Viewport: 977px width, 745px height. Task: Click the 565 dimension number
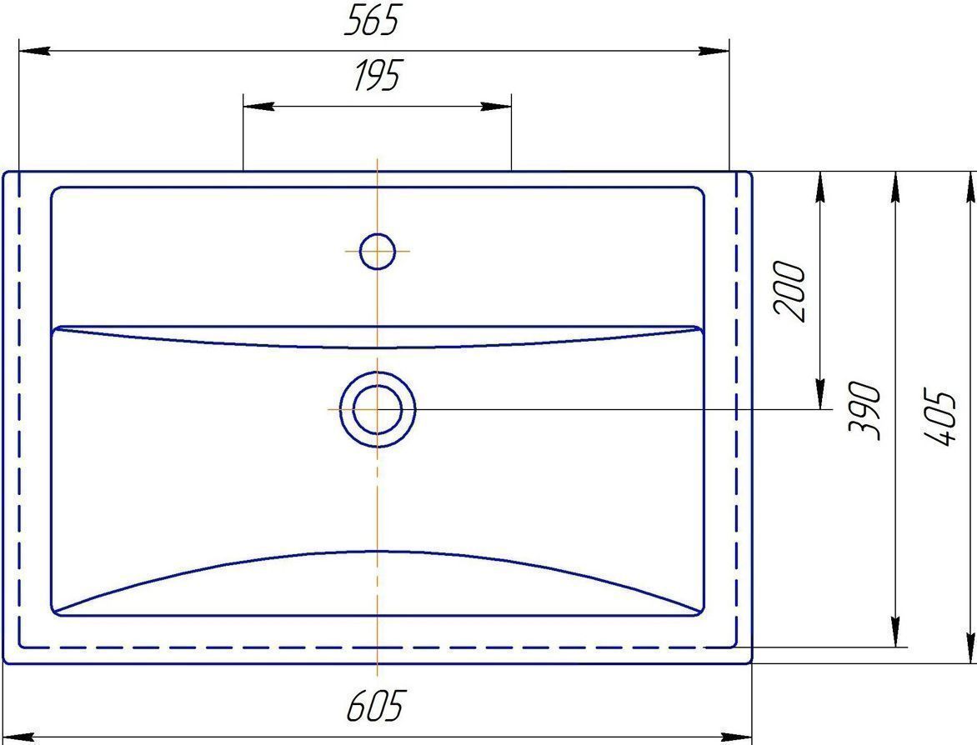click(x=371, y=21)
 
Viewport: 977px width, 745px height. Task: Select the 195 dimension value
click(x=377, y=75)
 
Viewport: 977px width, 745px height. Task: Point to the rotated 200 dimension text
click(x=789, y=292)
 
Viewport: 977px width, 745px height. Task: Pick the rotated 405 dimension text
click(x=938, y=417)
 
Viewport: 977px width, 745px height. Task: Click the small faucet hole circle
click(x=377, y=251)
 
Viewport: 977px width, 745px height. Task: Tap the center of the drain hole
click(x=377, y=409)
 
